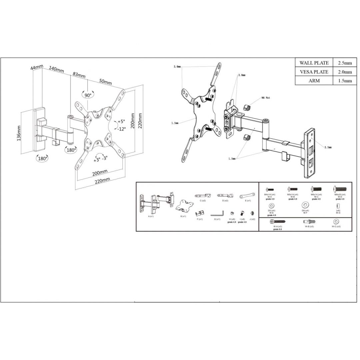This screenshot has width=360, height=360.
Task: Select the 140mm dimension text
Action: tap(56, 70)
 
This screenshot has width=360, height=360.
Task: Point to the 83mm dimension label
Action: tap(79, 76)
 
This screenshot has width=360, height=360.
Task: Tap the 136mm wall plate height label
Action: tap(19, 133)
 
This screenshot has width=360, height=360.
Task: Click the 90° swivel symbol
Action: tap(88, 95)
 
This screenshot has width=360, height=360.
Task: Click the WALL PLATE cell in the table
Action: tap(314, 63)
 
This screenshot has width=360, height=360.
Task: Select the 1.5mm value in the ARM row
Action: tap(345, 81)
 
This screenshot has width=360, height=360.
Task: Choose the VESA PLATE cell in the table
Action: tap(314, 72)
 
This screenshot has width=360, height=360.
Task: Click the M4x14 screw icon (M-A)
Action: tap(270, 189)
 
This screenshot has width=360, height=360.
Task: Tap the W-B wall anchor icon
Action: tap(309, 222)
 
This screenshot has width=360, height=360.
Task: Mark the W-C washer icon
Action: tap(336, 222)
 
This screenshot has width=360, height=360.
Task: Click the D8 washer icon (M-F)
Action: tap(305, 205)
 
